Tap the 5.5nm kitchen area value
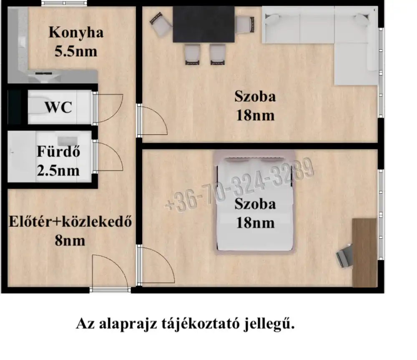76,51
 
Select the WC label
58,107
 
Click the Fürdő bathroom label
58,151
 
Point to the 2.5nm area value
58,170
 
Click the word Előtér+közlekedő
70,222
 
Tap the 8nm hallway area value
70,241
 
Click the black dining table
204,24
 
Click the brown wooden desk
364,252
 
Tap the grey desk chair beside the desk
345,255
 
